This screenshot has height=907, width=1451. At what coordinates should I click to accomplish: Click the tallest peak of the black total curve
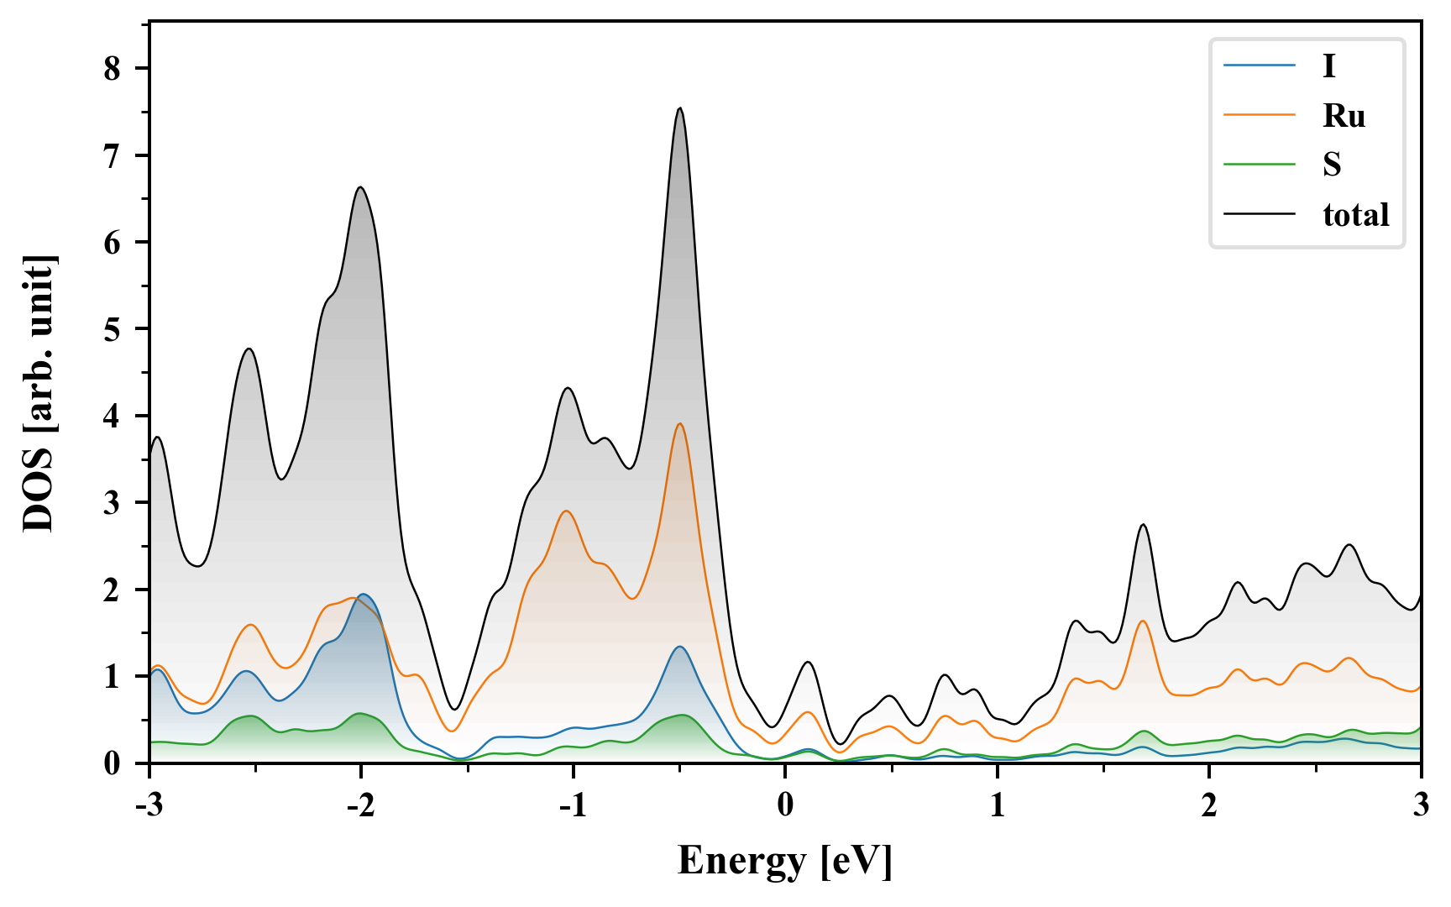[x=680, y=108]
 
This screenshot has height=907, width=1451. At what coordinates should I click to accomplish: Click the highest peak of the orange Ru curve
[x=680, y=424]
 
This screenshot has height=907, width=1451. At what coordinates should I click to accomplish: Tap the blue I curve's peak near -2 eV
[x=363, y=595]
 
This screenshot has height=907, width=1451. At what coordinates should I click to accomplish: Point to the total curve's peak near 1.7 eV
[x=1143, y=525]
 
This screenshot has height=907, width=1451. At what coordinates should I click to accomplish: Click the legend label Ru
[x=1344, y=116]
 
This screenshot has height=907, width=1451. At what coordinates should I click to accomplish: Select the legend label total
[x=1355, y=215]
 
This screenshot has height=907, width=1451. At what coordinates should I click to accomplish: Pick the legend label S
[x=1332, y=165]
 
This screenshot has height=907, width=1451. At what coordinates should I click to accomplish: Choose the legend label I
[x=1328, y=66]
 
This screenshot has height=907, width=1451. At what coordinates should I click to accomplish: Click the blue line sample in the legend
[x=1259, y=66]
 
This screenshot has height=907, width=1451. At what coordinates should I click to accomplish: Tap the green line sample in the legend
[x=1259, y=165]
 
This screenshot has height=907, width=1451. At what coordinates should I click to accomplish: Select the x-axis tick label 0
[x=785, y=806]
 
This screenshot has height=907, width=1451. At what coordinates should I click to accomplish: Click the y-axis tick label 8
[x=113, y=69]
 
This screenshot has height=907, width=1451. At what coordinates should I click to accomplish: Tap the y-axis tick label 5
[x=113, y=329]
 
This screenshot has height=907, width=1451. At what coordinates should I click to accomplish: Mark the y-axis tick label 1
[x=113, y=677]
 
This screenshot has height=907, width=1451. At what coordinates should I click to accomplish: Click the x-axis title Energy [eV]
[x=785, y=862]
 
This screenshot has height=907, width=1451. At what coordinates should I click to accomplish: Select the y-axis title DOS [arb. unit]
[x=39, y=393]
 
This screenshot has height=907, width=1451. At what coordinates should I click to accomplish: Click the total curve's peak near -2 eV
[x=361, y=186]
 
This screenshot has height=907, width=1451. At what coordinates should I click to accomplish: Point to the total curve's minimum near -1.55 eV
[x=454, y=710]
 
